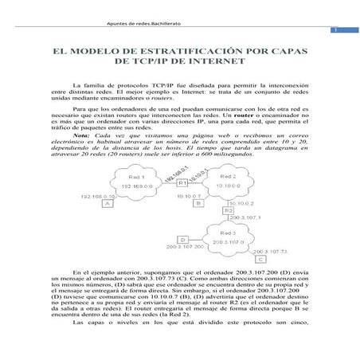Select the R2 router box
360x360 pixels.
[229, 209]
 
